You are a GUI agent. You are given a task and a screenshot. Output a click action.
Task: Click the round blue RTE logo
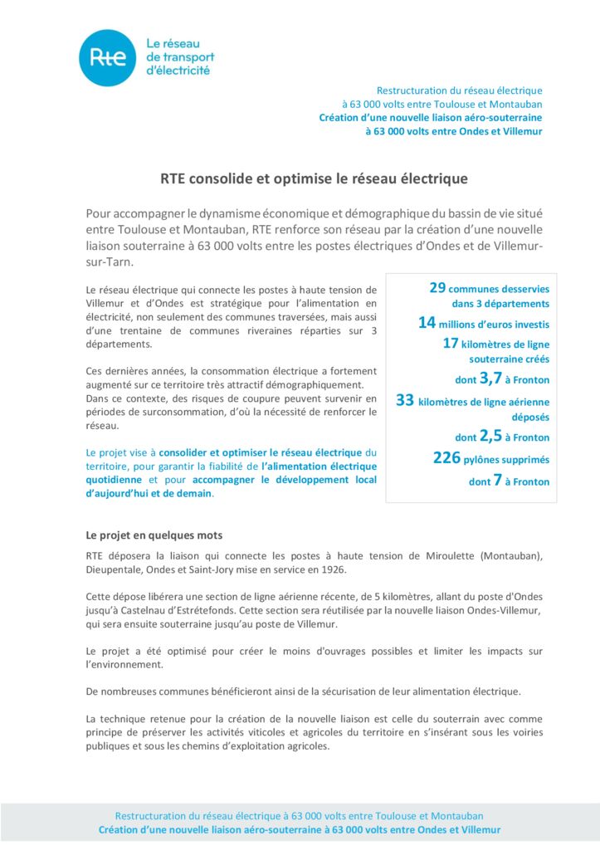[x=107, y=57]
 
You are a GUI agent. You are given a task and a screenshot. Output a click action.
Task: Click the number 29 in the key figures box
[x=438, y=287]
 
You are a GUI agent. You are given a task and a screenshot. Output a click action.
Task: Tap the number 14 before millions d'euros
[x=427, y=323]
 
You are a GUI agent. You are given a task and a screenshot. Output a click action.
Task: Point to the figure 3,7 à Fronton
[x=490, y=379]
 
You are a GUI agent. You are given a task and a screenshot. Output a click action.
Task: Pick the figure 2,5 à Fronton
[x=490, y=436]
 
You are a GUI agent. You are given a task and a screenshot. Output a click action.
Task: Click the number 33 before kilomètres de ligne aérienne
[x=405, y=400]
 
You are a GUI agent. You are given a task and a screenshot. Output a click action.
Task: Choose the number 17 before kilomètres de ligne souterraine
[x=451, y=343]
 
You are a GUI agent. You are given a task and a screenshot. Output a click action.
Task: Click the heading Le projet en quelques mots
[x=154, y=535]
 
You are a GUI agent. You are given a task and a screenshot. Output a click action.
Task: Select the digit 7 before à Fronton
[x=497, y=481]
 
